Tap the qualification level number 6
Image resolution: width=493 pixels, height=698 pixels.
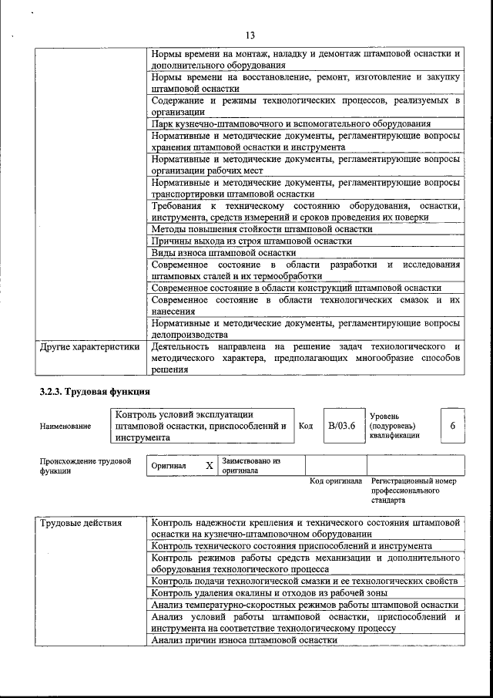(x=452, y=425)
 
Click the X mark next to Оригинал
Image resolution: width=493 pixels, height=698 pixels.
(x=209, y=466)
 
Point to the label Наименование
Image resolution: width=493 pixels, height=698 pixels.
(x=65, y=426)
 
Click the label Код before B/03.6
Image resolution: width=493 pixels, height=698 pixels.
(x=305, y=426)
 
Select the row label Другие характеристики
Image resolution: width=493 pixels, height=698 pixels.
(x=89, y=347)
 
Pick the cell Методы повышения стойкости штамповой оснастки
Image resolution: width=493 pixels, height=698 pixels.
(x=262, y=229)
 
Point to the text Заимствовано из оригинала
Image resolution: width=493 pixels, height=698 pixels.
(x=251, y=465)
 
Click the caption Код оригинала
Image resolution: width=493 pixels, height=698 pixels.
(x=336, y=481)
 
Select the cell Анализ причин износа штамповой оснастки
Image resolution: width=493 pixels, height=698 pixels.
(x=244, y=640)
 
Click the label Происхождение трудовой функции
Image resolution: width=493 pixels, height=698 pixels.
(x=86, y=465)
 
